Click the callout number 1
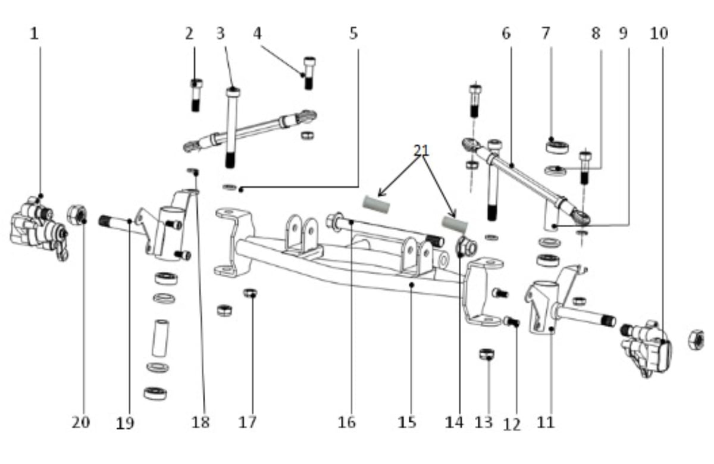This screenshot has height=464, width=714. point(35,33)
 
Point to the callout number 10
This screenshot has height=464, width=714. point(659,33)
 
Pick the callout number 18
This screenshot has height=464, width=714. point(201,422)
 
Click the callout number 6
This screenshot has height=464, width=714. point(506,33)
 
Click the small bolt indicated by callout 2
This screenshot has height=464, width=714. point(196,95)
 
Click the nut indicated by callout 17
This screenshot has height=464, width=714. point(250,293)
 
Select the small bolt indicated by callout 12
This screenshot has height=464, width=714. point(511,322)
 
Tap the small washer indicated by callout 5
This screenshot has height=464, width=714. point(230,187)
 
